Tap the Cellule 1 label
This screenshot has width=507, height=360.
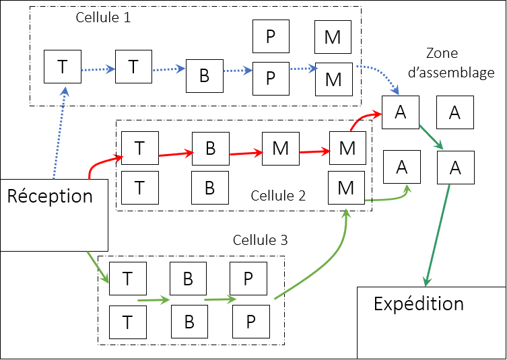(x=103, y=17)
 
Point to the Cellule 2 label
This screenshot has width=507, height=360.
(x=278, y=196)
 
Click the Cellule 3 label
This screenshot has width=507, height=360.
(x=260, y=240)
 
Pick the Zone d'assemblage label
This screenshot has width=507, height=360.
(x=461, y=63)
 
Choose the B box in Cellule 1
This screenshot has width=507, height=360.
(x=204, y=76)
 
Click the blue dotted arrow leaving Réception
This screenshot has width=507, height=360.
(x=59, y=131)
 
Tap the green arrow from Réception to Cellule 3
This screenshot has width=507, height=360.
(x=97, y=266)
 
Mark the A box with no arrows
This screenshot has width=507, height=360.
(x=454, y=113)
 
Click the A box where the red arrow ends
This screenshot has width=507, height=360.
(x=401, y=113)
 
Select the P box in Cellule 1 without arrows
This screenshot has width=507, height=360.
(x=270, y=36)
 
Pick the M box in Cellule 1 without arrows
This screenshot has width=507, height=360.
(x=333, y=37)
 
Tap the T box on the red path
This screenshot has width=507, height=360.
(x=139, y=148)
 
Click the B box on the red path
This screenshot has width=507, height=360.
(x=210, y=148)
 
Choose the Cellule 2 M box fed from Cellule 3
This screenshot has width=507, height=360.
(x=346, y=188)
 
